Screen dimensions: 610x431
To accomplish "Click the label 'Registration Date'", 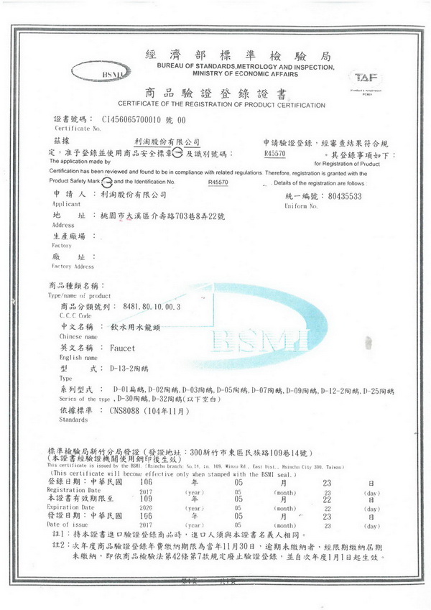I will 74,489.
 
